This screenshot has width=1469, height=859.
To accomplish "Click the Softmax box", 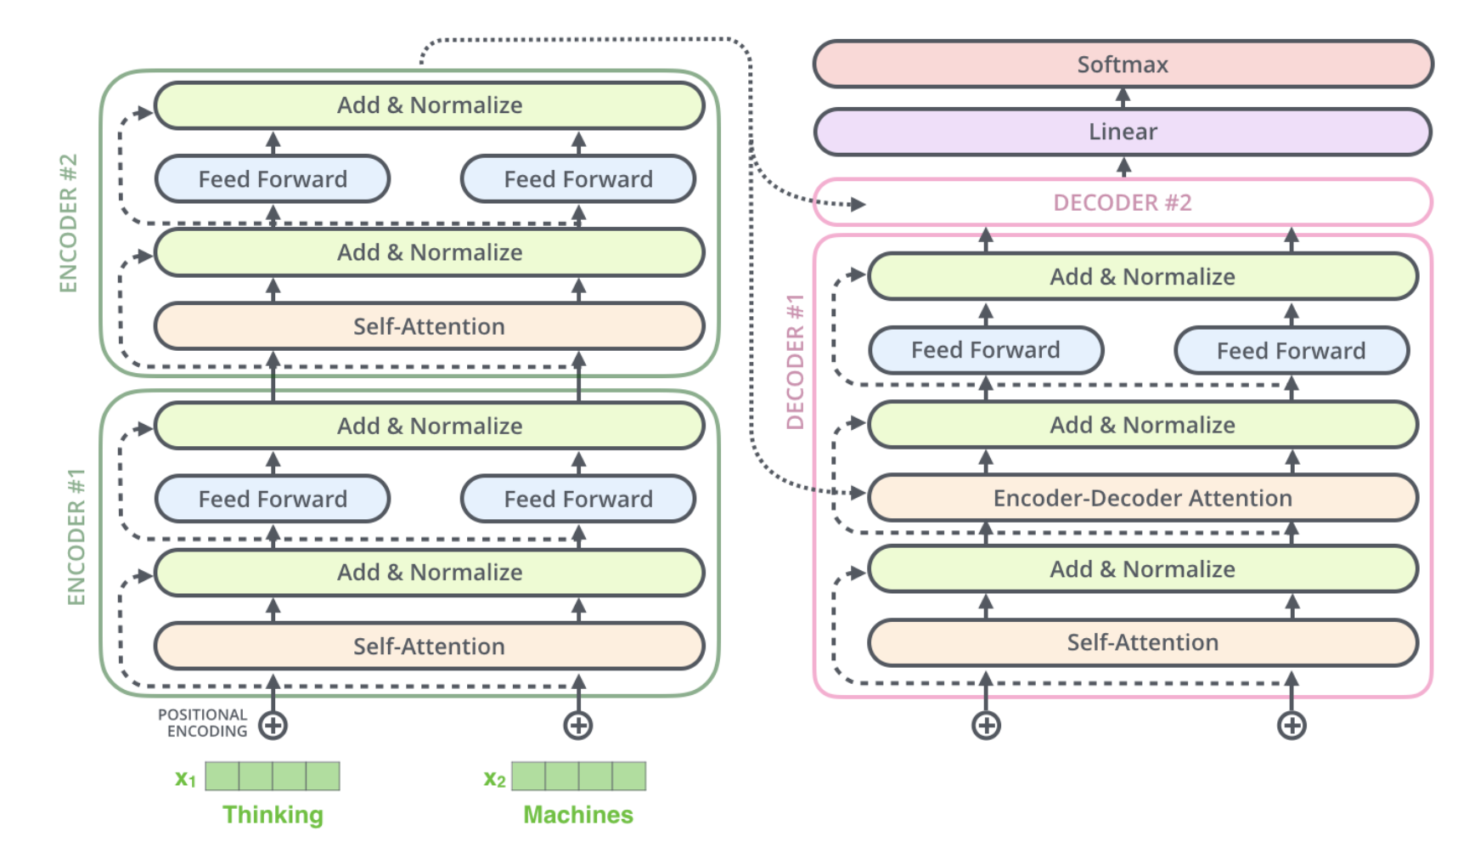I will [1123, 65].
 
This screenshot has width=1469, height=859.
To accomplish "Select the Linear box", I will [1123, 132].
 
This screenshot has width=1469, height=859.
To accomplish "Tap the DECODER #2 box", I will [1123, 202].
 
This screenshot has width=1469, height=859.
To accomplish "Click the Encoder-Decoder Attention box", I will [1142, 498].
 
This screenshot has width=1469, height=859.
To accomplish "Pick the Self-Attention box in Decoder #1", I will [1142, 642].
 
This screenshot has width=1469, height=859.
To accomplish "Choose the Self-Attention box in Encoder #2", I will [429, 326].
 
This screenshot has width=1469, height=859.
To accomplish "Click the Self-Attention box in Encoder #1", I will [429, 647].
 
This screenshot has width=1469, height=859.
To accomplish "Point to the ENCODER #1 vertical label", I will [76, 537].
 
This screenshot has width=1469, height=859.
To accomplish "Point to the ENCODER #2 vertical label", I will [68, 223].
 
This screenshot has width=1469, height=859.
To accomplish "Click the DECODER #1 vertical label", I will [795, 362].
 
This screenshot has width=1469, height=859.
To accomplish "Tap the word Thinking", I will [273, 815].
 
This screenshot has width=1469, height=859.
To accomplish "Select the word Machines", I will [578, 815].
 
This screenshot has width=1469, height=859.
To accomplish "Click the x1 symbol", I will [185, 778].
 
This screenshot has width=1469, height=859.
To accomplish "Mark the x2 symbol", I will [494, 778].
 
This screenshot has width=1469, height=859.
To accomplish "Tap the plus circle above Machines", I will [578, 726].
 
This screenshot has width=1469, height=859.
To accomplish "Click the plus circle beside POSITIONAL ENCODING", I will [273, 726].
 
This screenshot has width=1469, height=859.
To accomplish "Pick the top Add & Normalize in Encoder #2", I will [429, 105].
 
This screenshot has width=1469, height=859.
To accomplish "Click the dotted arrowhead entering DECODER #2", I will [858, 204].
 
